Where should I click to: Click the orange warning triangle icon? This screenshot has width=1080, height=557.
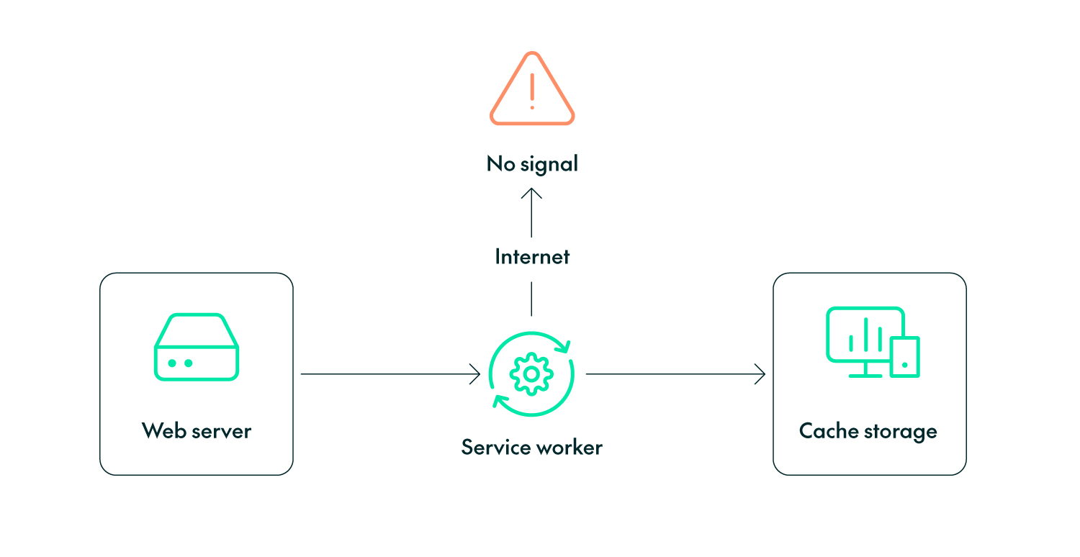coord(532,90)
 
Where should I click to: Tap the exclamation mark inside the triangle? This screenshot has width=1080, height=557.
coord(532,91)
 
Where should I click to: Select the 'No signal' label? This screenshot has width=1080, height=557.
coord(532,164)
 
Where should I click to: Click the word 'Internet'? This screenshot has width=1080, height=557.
coord(532,257)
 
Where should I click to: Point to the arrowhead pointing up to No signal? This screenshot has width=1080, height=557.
coord(531,192)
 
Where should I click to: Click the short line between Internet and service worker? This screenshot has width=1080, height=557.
coord(531,299)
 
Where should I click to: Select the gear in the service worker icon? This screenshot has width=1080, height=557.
coord(531,373)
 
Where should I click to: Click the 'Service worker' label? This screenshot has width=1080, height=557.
coord(531,448)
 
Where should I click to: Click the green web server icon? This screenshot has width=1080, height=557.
coord(197,347)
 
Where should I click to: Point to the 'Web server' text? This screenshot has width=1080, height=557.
coord(197,431)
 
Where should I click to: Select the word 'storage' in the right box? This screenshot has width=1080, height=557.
coord(901,432)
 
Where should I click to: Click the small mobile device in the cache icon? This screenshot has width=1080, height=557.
coord(905,357)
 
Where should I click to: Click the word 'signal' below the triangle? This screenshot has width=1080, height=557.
coord(549,165)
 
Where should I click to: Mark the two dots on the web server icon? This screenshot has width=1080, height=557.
coord(180,363)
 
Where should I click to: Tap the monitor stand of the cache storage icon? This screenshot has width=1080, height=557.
coord(864,370)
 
